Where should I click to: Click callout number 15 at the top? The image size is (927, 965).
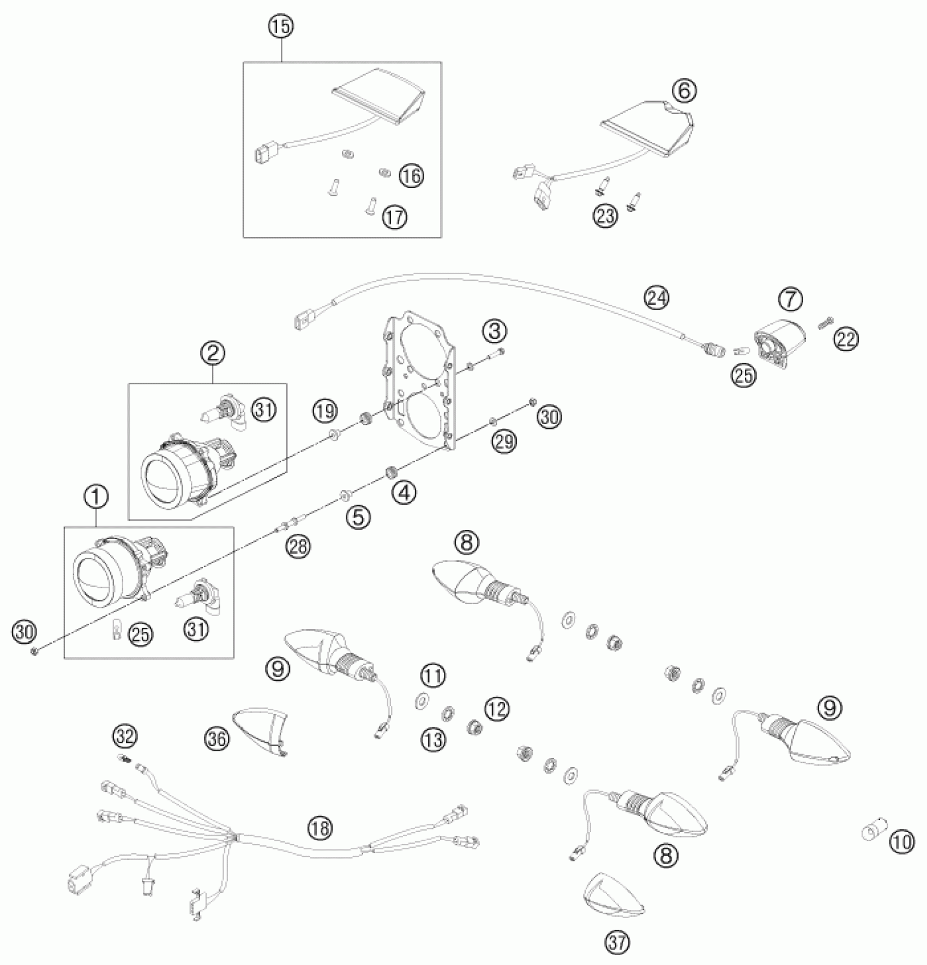[281, 27]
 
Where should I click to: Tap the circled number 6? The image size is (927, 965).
[684, 91]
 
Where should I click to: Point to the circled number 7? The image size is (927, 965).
[790, 298]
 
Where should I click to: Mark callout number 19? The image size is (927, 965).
[325, 411]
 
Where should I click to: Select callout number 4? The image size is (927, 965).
[404, 493]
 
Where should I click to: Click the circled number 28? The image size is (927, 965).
[298, 546]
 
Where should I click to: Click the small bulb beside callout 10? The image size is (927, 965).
[870, 834]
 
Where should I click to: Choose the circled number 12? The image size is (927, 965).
[497, 709]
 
